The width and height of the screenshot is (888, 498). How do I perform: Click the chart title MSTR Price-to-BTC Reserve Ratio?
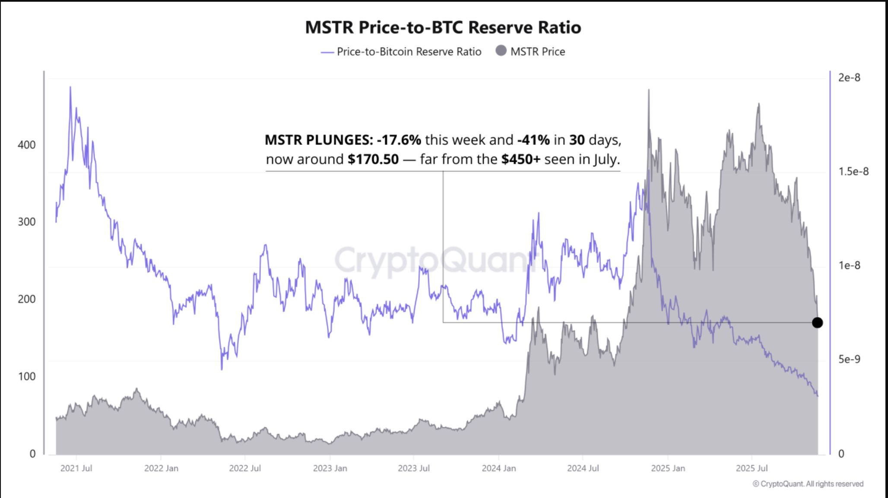point(443,27)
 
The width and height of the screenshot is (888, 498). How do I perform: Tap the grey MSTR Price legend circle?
point(501,51)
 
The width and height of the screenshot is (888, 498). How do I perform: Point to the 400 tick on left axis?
point(26,145)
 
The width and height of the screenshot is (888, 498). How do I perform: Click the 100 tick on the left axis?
point(26,376)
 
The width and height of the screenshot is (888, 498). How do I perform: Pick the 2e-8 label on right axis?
point(849,78)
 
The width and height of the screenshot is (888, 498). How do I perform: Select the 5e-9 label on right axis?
point(849,359)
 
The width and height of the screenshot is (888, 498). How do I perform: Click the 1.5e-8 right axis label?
point(853,172)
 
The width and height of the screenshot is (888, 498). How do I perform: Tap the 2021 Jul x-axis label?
point(76,468)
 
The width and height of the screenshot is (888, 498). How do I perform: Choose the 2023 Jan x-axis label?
point(330,468)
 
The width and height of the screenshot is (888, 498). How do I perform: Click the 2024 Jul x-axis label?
point(583,468)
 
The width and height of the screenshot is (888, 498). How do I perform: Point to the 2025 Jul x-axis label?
point(752,468)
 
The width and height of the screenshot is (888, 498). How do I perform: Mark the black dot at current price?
point(817,322)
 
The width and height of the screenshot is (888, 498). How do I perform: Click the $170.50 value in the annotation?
point(373,159)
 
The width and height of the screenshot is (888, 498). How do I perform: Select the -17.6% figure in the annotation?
point(398,140)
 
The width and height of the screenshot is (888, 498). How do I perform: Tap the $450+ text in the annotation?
point(520,159)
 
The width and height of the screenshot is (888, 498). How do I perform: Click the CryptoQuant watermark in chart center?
point(432,260)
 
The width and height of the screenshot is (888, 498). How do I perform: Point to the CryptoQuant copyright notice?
point(808,484)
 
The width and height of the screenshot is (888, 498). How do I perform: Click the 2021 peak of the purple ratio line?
point(70,88)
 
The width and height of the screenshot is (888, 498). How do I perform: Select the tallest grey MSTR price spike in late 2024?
point(649,91)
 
